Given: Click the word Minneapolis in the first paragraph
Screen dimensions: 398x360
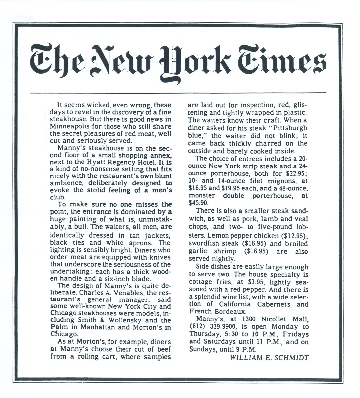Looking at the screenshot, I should (69, 127).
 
